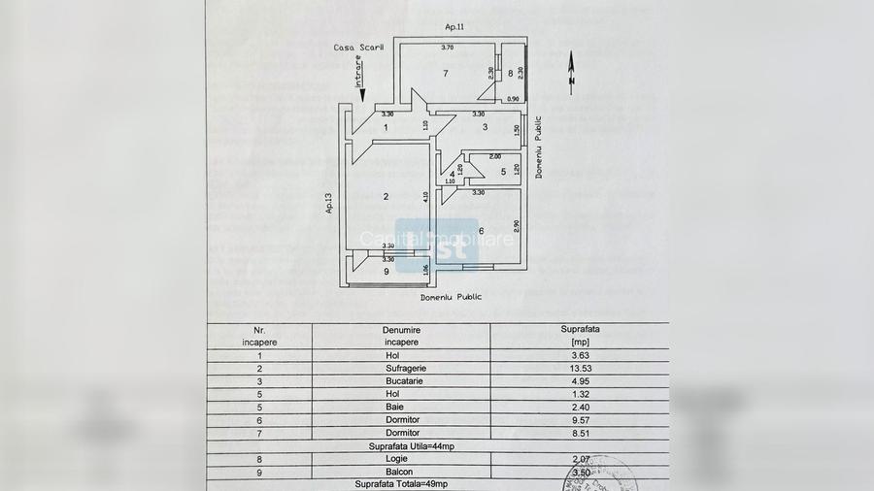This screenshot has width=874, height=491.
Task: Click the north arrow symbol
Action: (x=571, y=72)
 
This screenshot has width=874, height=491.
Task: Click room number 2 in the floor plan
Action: (x=386, y=197)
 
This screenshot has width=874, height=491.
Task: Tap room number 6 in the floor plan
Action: (x=482, y=230)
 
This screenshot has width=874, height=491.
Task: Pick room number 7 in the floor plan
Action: (x=445, y=74)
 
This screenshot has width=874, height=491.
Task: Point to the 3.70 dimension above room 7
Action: (x=448, y=48)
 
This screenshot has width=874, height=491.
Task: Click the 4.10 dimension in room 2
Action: (x=425, y=197)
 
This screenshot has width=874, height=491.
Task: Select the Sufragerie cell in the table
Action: (x=401, y=369)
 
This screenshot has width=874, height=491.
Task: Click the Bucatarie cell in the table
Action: (x=401, y=381)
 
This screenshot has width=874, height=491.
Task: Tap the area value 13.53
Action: (x=580, y=369)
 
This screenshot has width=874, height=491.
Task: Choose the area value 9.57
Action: (x=580, y=420)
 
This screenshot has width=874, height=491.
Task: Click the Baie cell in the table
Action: (x=401, y=408)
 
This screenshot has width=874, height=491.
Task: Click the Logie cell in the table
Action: (x=401, y=458)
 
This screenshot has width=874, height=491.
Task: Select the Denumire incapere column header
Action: (x=401, y=336)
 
